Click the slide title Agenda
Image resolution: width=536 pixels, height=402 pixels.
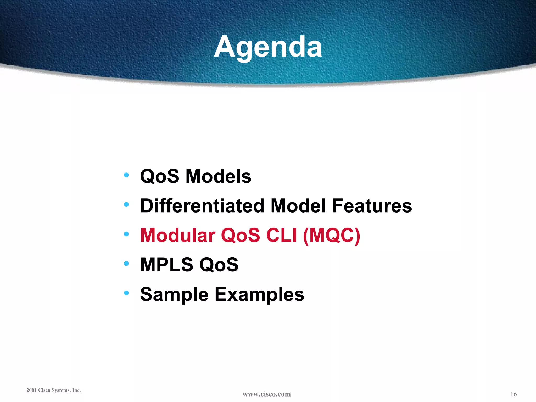pos(268,47)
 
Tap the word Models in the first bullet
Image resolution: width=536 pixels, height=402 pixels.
pos(218,176)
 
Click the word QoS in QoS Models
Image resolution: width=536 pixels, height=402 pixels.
pos(160,176)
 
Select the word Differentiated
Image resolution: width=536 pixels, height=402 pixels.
pos(202,206)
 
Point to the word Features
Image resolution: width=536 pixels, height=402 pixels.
pos(372,206)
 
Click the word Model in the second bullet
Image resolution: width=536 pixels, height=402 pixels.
pos(298,206)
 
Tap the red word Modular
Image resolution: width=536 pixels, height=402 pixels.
pos(178,235)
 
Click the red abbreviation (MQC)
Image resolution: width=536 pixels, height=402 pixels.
pos(331,235)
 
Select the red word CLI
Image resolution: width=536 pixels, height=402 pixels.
pos(282,235)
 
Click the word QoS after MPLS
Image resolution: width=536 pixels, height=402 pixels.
pos(219,265)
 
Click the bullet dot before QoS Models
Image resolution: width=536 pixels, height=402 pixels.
pos(126,175)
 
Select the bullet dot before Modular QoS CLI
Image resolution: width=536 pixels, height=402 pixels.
pos(126,234)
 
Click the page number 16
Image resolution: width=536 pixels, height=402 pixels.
pos(513,394)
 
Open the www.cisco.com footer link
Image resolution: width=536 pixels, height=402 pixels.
pos(266,394)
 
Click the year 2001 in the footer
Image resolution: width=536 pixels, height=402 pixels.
pos(31,390)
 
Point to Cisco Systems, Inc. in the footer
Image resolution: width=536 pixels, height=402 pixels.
pos(59,390)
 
